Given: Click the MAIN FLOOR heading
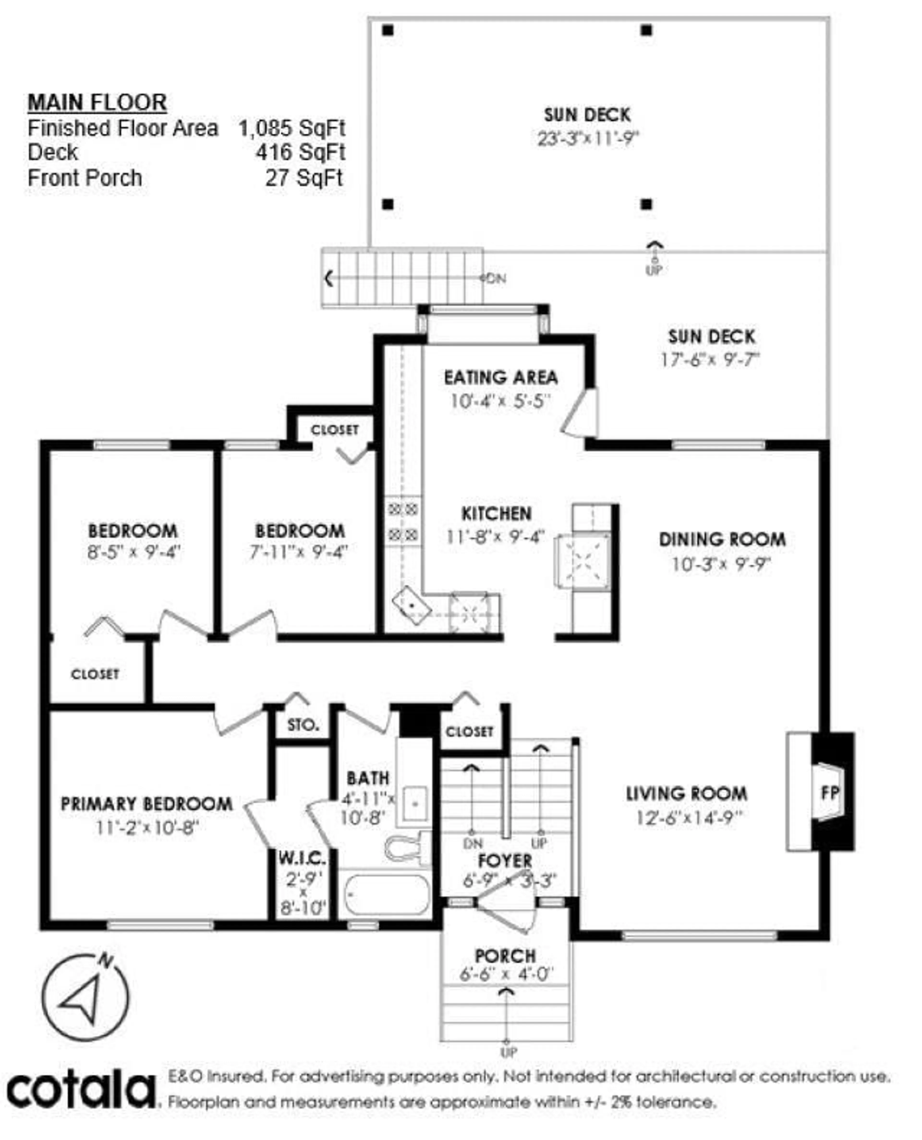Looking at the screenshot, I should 97,103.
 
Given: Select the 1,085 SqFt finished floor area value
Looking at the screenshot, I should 291,128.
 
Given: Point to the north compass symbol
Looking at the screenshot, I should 85,998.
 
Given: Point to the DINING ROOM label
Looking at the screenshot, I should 722,540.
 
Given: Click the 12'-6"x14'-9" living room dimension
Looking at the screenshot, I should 689,818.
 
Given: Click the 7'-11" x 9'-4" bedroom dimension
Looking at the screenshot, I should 298,552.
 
